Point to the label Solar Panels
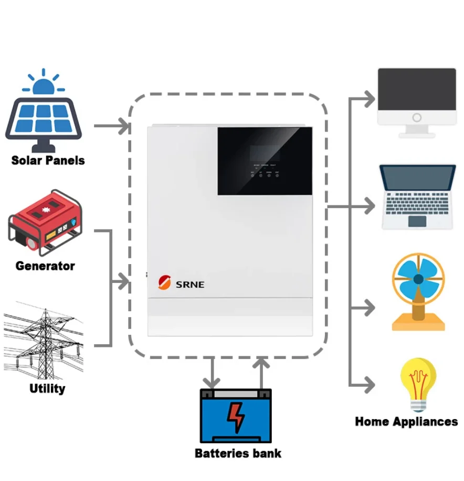[48, 160]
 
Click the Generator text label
[45, 266]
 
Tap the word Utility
[47, 388]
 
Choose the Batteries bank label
[238, 453]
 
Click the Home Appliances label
[406, 421]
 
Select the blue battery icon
[236, 416]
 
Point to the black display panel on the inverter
[265, 160]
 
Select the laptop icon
[417, 196]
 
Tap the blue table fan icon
[418, 291]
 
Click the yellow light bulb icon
[418, 383]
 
